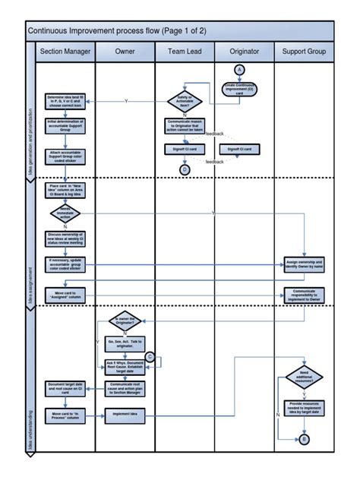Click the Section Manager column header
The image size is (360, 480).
(65, 52)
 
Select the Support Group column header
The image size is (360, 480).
(304, 52)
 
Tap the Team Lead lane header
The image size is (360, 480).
(185, 52)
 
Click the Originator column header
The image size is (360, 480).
(244, 52)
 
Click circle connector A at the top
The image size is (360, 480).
(241, 70)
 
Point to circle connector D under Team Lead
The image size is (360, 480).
(185, 169)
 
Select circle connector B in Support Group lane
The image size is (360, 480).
(305, 440)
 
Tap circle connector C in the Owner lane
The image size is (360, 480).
(150, 356)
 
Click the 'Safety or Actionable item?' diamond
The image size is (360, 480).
(185, 101)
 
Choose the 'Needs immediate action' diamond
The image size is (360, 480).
(65, 213)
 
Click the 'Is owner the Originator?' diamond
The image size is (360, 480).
(125, 322)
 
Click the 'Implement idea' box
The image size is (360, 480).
(125, 414)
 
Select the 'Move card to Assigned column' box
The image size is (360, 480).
(65, 293)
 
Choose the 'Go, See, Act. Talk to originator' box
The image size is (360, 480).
(125, 344)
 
